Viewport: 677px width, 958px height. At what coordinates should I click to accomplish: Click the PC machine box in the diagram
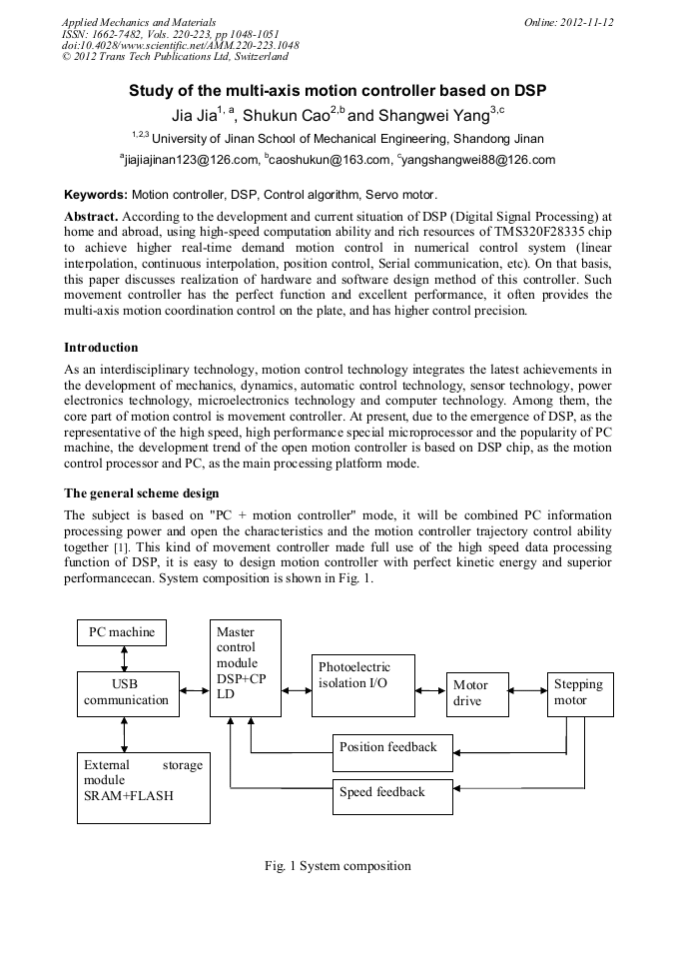point(123,633)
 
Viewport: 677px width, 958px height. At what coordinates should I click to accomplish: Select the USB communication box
point(127,692)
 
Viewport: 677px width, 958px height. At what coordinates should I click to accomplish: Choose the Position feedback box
point(392,747)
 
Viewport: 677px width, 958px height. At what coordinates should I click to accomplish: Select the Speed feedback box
point(392,792)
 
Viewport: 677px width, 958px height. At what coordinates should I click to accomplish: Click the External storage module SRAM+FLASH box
point(144,787)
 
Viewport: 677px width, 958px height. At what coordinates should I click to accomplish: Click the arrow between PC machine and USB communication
point(124,659)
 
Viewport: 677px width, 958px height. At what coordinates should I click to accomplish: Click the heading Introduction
point(101,348)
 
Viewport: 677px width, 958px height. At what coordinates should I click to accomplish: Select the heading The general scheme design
point(142,493)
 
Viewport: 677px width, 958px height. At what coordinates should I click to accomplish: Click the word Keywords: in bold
point(96,194)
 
